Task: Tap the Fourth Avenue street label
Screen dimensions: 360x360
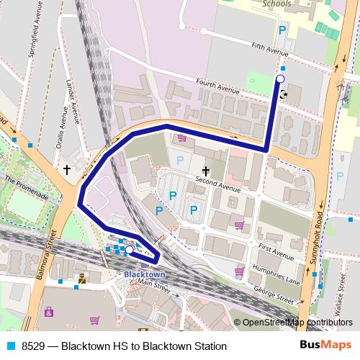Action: [x=217, y=90]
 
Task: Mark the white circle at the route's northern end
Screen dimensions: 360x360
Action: [x=281, y=78]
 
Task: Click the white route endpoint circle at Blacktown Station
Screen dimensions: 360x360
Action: [x=129, y=250]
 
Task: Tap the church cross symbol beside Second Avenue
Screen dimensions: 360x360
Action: [x=206, y=171]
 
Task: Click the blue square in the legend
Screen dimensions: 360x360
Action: [x=12, y=346]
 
